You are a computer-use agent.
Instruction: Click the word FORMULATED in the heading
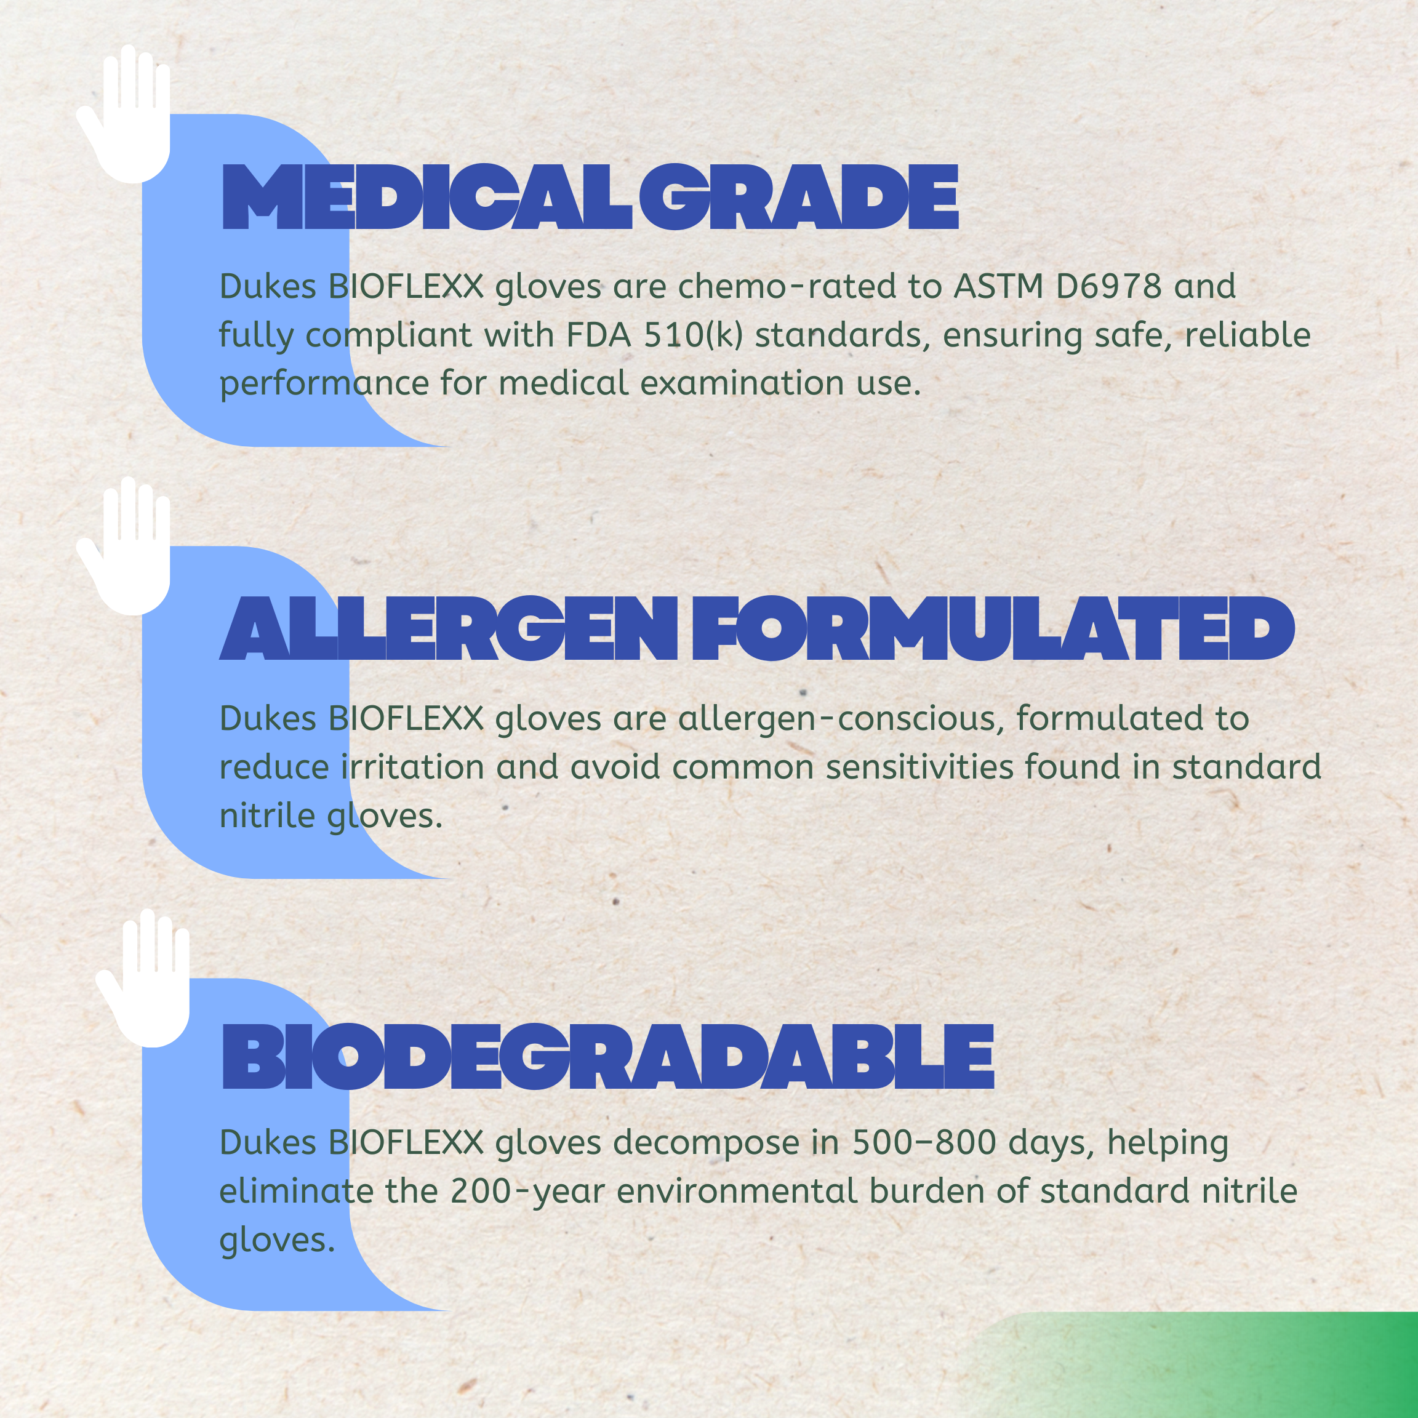[994, 628]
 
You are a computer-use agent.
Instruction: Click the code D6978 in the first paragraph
[1109, 286]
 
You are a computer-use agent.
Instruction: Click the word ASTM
[998, 286]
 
